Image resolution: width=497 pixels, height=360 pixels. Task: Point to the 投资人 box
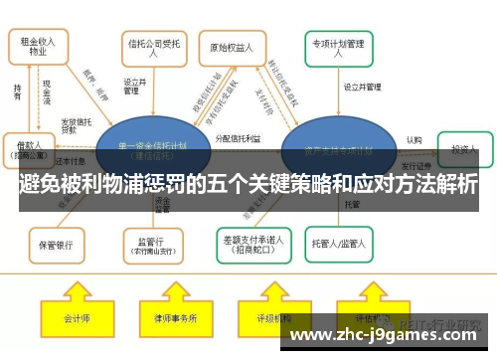[464, 150]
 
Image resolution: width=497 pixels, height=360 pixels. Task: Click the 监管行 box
[152, 243]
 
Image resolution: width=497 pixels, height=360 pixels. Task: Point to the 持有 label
[17, 90]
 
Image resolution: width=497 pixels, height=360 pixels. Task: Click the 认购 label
[414, 140]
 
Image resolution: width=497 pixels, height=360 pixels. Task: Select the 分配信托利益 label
[237, 138]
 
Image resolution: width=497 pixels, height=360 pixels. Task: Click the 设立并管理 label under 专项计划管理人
[362, 88]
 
